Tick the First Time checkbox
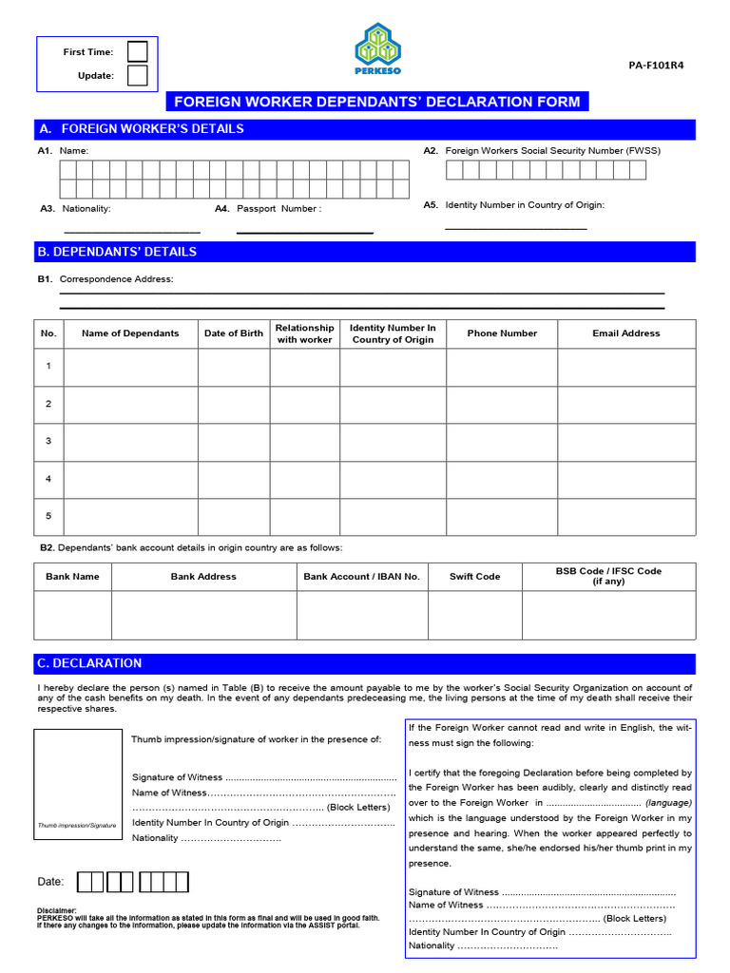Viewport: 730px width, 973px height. (x=138, y=51)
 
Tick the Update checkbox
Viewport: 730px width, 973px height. (x=138, y=75)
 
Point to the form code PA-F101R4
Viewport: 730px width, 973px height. (x=656, y=66)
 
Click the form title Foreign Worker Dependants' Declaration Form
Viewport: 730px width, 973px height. (x=377, y=102)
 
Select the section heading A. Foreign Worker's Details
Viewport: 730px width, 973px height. (x=152, y=128)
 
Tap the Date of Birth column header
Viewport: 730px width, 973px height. (x=234, y=334)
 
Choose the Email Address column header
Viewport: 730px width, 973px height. (x=625, y=334)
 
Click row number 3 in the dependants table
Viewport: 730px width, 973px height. (x=48, y=442)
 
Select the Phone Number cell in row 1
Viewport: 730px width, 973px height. (x=502, y=367)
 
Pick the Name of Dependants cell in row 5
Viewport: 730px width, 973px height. (x=130, y=516)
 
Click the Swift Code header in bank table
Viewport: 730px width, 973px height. (x=474, y=577)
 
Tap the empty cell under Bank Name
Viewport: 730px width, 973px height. (x=72, y=615)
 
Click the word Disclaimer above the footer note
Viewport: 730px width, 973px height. (x=58, y=909)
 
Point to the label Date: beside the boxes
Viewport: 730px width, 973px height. (x=50, y=882)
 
